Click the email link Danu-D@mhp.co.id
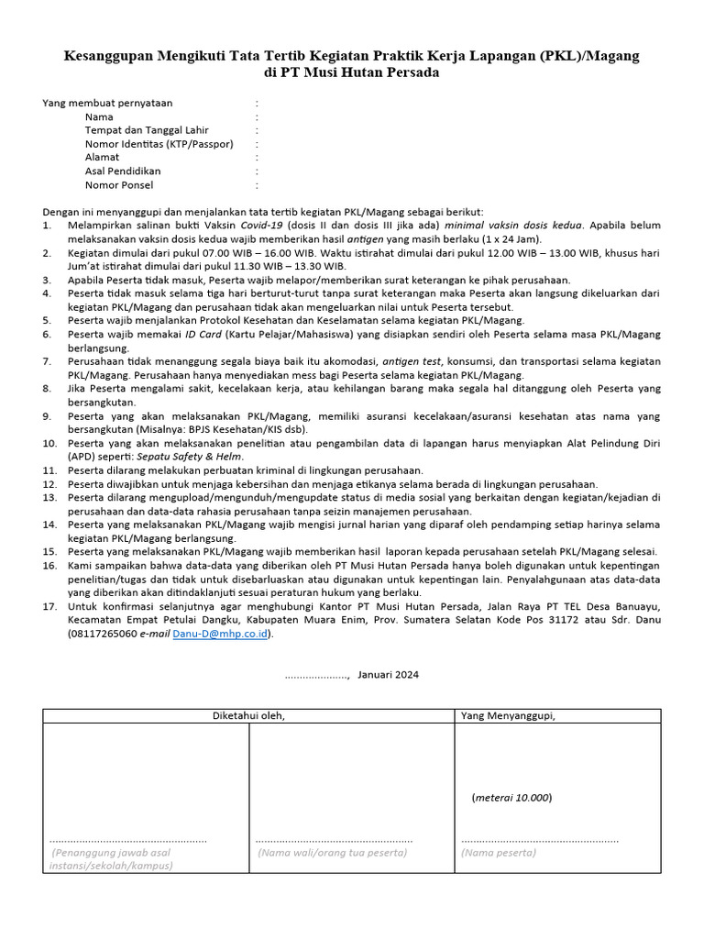tap(221, 633)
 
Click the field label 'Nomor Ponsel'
tap(119, 184)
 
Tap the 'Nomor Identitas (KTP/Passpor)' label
tap(159, 144)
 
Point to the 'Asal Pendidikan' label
tap(123, 171)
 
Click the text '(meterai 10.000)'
tap(512, 797)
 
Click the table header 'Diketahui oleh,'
tap(248, 715)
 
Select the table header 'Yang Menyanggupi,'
tap(508, 715)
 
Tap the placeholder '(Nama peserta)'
tap(498, 853)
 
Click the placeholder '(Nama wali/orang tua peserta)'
tap(332, 853)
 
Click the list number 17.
tap(49, 606)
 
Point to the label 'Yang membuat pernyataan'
tap(107, 104)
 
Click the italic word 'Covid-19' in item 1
tap(262, 225)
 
